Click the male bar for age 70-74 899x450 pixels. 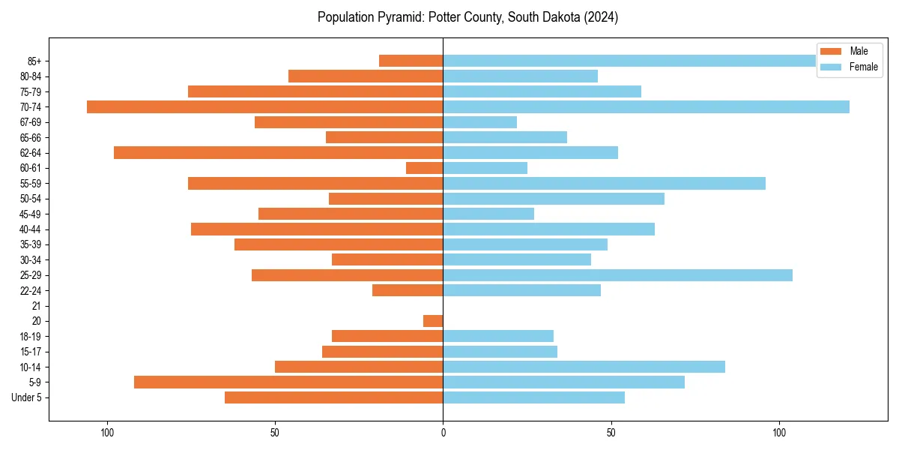pyautogui.click(x=264, y=106)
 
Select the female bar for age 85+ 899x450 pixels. pyautogui.click(x=629, y=61)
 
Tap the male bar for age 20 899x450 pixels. pyautogui.click(x=433, y=321)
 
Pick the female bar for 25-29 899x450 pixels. pyautogui.click(x=617, y=275)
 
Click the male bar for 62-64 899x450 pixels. pyautogui.click(x=278, y=152)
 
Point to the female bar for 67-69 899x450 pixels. pyautogui.click(x=479, y=122)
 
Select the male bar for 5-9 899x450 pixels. pyautogui.click(x=288, y=382)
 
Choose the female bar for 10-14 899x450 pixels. pyautogui.click(x=584, y=367)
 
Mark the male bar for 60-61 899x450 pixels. pyautogui.click(x=424, y=168)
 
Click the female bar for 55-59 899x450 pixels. pyautogui.click(x=604, y=183)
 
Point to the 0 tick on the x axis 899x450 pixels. pyautogui.click(x=443, y=433)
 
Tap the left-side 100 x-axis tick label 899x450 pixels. pyautogui.click(x=107, y=433)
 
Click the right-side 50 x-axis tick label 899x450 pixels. pyautogui.click(x=611, y=433)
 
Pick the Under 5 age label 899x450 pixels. pyautogui.click(x=26, y=397)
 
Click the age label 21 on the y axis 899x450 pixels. pyautogui.click(x=36, y=306)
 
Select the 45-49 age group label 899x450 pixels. pyautogui.click(x=31, y=214)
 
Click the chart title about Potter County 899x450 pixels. pyautogui.click(x=467, y=17)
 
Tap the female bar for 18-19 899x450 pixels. pyautogui.click(x=498, y=336)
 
